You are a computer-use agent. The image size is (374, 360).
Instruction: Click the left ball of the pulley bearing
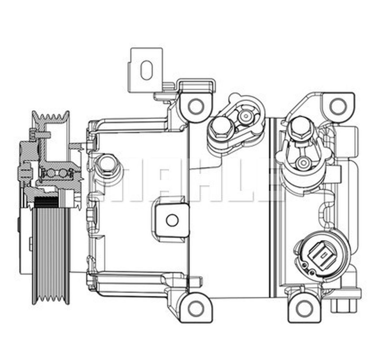click(51, 174)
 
